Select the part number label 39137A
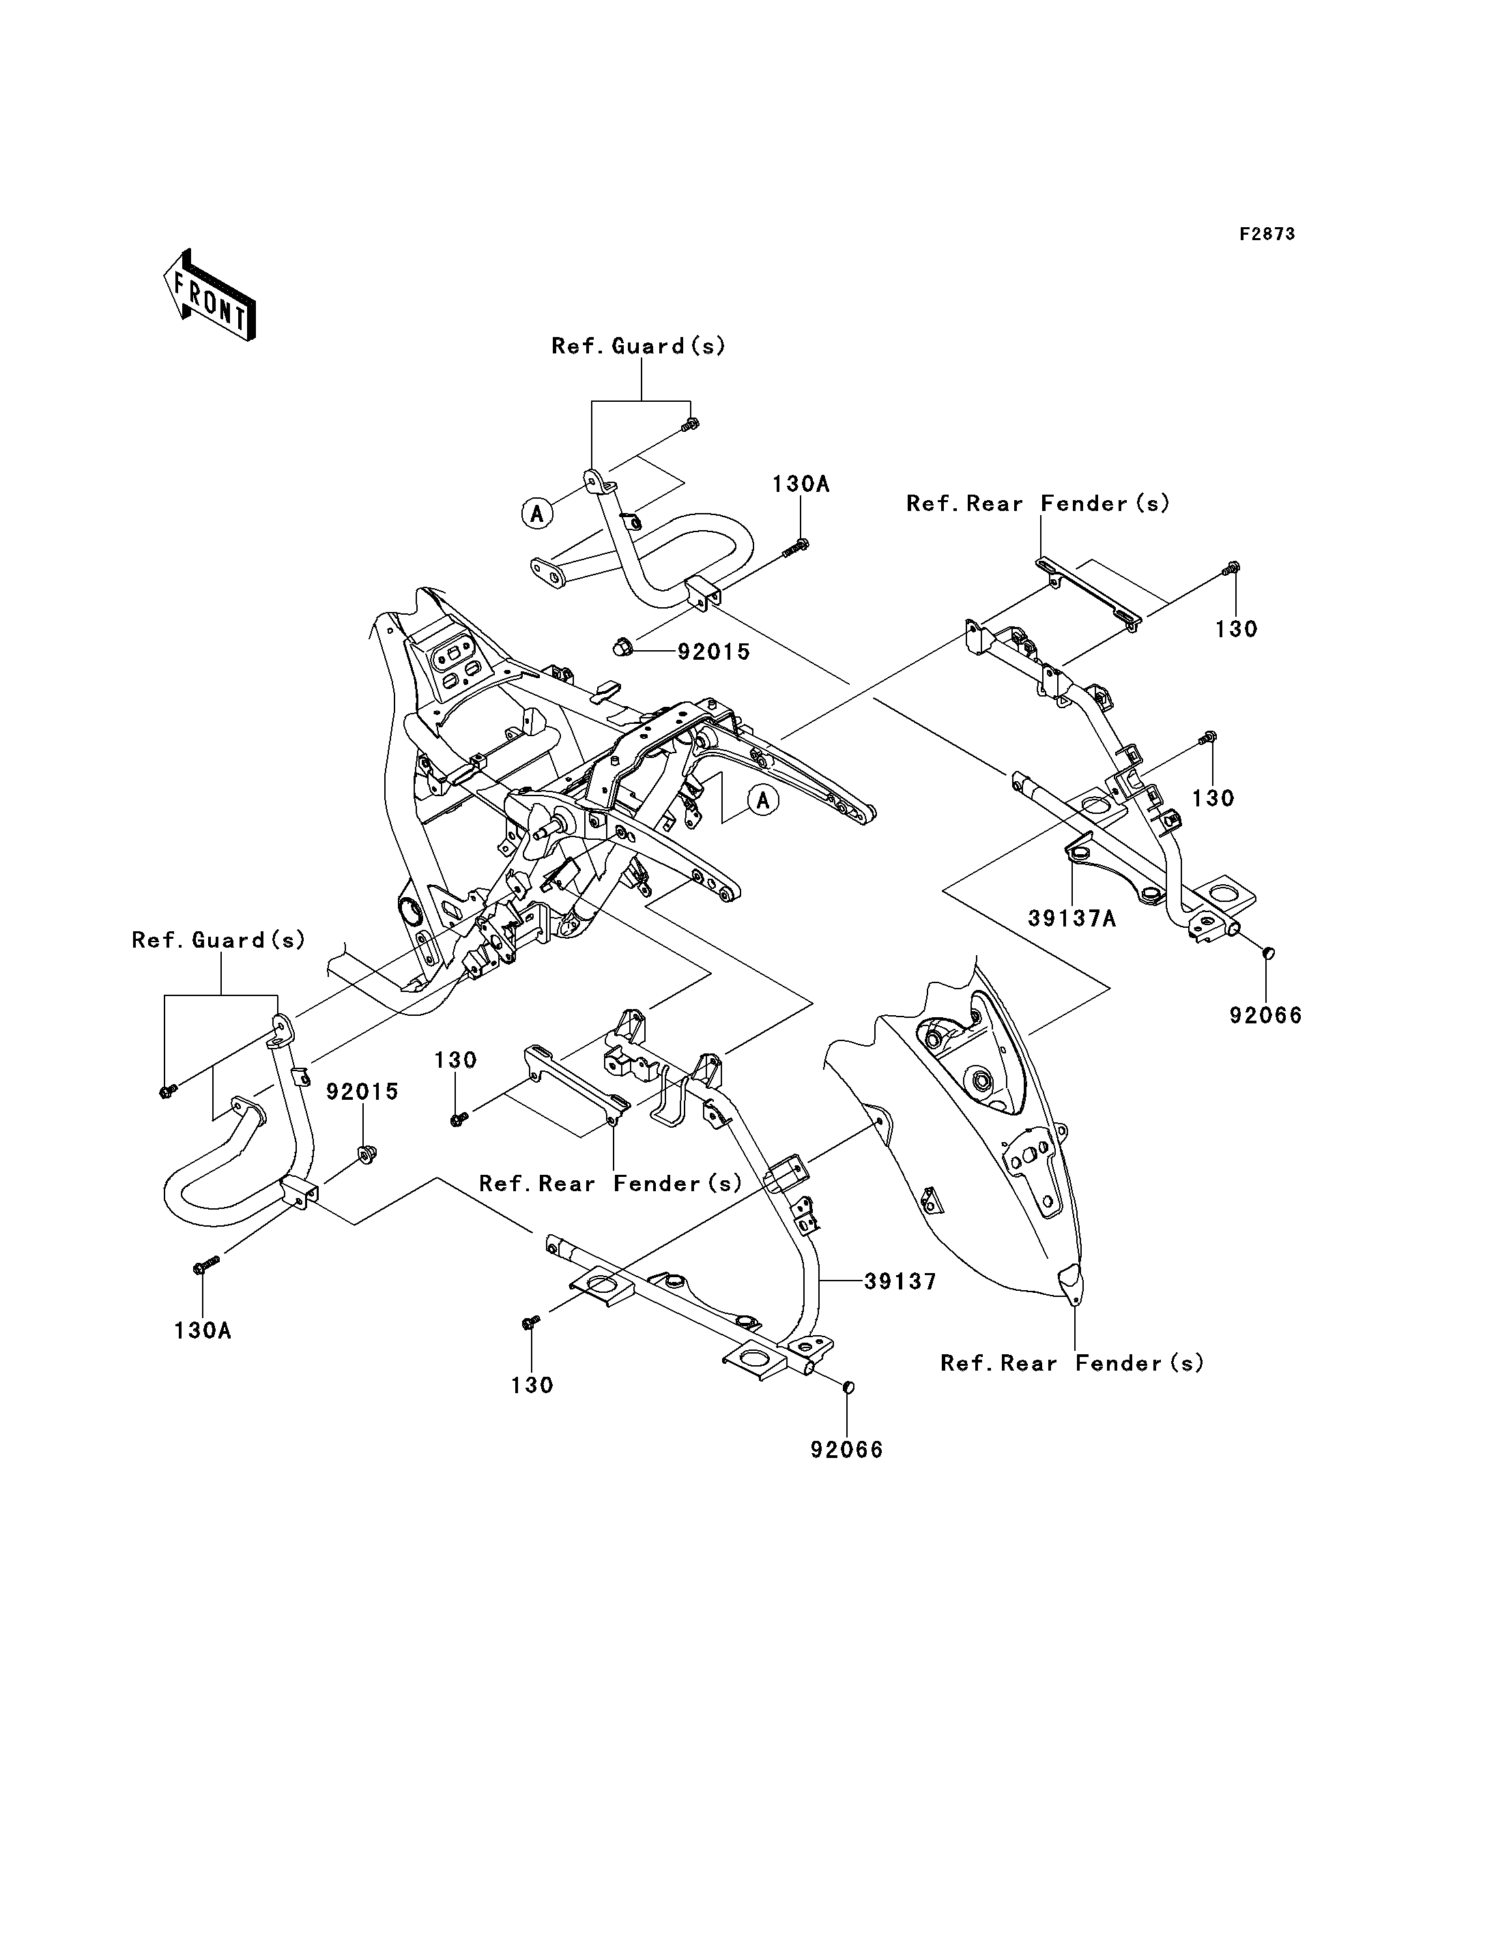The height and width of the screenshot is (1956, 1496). click(1072, 918)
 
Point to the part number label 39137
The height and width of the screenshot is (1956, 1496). click(900, 1281)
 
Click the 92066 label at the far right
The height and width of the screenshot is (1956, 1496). click(1265, 1015)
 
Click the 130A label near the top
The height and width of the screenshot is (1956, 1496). click(801, 484)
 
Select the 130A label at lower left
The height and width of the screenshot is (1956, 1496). click(202, 1330)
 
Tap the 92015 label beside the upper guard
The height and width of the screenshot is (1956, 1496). click(713, 652)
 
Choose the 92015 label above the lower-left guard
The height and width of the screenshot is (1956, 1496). click(362, 1092)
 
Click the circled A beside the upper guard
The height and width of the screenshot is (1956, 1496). click(537, 514)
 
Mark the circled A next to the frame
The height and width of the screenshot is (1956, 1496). click(763, 800)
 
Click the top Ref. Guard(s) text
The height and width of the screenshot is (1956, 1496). click(639, 347)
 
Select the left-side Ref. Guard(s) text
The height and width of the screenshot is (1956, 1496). click(218, 940)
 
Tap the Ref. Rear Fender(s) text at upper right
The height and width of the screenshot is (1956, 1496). click(1037, 504)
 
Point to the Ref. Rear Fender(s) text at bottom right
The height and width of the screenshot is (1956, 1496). click(1072, 1363)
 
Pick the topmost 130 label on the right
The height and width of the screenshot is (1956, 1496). click(1236, 630)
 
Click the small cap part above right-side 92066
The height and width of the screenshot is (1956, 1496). click(1268, 954)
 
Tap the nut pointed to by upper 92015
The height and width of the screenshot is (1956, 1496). click(623, 649)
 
